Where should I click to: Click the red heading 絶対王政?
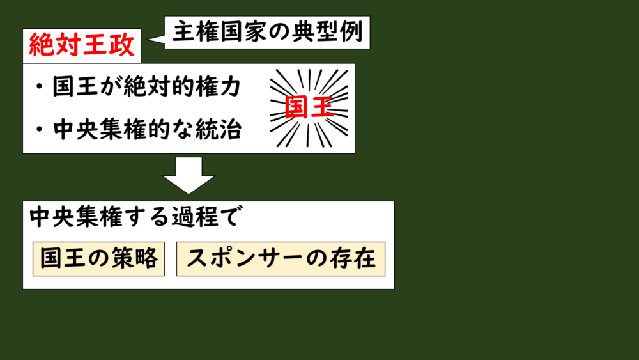click(x=82, y=45)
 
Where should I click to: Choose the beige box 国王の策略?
click(x=98, y=258)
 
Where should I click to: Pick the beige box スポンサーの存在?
click(x=281, y=258)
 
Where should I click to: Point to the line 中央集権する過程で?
click(x=134, y=217)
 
